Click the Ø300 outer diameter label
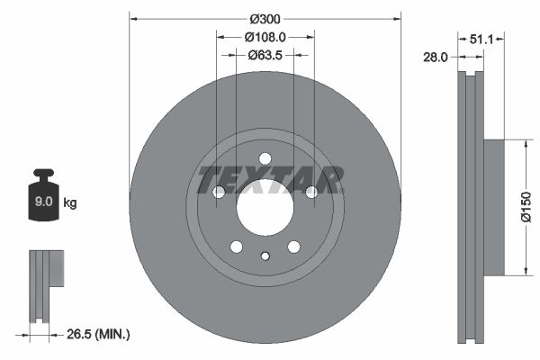(x=265, y=19)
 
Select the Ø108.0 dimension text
(x=265, y=38)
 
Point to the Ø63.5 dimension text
(x=265, y=55)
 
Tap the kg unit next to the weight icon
(x=70, y=203)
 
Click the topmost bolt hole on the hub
(x=265, y=158)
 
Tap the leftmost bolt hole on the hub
(x=218, y=192)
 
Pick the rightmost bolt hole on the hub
(x=311, y=192)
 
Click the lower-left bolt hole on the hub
(x=236, y=247)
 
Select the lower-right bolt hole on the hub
(x=293, y=247)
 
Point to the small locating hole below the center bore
(x=265, y=256)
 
